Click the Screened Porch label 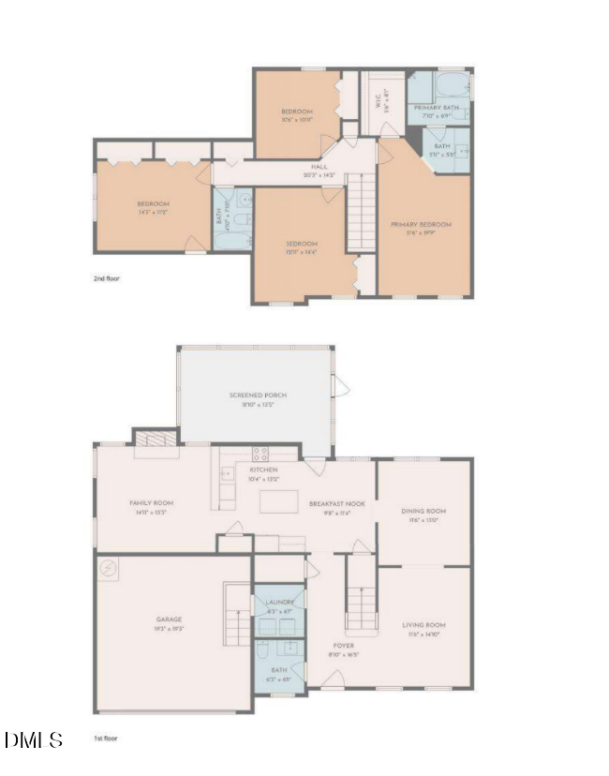point(258,395)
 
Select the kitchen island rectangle point(279,501)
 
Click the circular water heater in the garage point(110,568)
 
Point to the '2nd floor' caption point(106,278)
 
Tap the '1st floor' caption point(105,739)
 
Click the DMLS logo point(34,739)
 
